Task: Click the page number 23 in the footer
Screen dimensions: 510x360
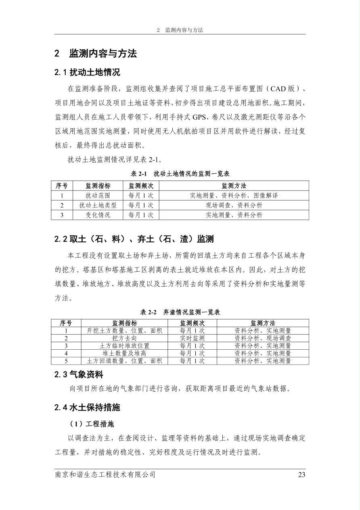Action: pos(301,474)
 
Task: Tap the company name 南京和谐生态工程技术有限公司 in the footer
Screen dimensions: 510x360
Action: pos(105,474)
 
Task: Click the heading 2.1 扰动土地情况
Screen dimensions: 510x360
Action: pos(87,73)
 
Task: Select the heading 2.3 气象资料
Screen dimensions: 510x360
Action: pos(79,375)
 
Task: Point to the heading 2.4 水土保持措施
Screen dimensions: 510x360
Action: pos(87,407)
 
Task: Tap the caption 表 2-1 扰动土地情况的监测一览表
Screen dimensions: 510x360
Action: pos(180,174)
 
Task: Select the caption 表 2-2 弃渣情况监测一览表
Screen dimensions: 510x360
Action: pos(180,312)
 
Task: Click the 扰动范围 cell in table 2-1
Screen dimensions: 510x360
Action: pos(98,195)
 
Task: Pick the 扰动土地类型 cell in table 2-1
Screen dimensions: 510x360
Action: pos(98,205)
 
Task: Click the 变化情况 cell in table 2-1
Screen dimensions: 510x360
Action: pos(98,215)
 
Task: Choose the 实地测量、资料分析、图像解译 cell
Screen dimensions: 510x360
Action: pos(234,195)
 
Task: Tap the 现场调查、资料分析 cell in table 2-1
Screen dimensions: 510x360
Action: pos(234,205)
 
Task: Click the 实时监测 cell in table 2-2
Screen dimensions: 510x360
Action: pos(192,338)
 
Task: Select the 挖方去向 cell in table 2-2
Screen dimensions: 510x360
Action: pos(124,338)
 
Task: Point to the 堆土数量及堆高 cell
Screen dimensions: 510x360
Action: pos(124,353)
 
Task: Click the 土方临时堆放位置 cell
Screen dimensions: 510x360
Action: pos(124,346)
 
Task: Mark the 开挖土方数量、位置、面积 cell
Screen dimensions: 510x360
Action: pos(124,331)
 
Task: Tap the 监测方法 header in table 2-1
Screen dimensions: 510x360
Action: pos(234,186)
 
